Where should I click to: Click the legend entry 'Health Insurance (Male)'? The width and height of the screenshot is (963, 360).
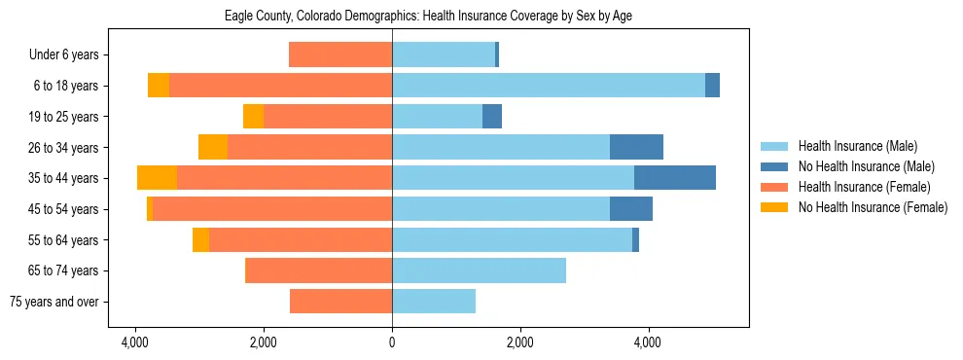pyautogui.click(x=857, y=147)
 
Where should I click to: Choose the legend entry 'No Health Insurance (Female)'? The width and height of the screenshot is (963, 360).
pyautogui.click(x=873, y=207)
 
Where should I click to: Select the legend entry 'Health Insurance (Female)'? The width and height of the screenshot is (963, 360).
pyautogui.click(x=864, y=187)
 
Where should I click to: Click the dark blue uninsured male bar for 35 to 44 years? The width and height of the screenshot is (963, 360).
pyautogui.click(x=674, y=178)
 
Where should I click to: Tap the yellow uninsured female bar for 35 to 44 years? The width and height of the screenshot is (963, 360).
pyautogui.click(x=157, y=178)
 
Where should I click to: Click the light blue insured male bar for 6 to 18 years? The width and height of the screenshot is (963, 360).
pyautogui.click(x=549, y=86)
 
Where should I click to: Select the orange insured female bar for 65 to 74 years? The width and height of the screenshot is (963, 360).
pyautogui.click(x=318, y=270)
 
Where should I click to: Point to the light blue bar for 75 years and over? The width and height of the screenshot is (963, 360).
pyautogui.click(x=434, y=302)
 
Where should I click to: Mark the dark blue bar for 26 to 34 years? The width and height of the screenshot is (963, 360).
pyautogui.click(x=636, y=147)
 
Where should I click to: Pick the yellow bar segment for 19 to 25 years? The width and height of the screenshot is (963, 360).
pyautogui.click(x=253, y=117)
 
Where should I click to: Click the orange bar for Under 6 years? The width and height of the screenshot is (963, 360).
pyautogui.click(x=340, y=55)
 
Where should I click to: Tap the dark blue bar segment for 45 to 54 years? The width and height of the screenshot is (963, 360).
pyautogui.click(x=630, y=209)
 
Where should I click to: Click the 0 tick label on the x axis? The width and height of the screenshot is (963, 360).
pyautogui.click(x=392, y=342)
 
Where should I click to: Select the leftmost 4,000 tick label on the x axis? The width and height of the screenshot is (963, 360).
pyautogui.click(x=134, y=342)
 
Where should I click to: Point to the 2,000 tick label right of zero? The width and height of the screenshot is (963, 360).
pyautogui.click(x=519, y=342)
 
